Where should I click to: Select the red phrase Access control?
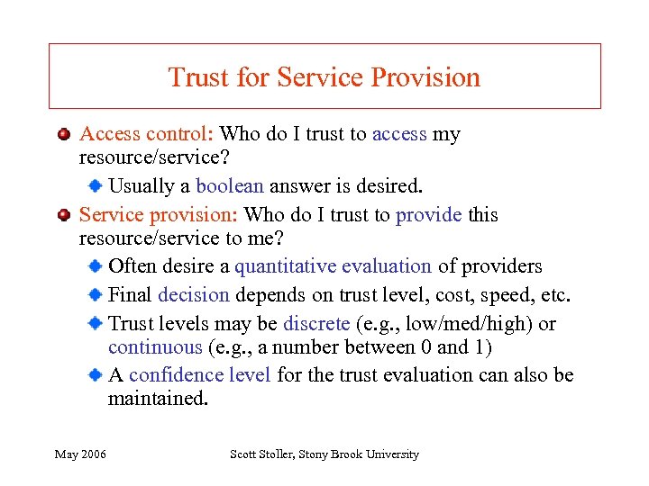coord(146,135)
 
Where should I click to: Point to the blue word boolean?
coord(229,186)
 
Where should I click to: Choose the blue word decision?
coord(193,295)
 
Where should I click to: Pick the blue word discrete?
coord(315,324)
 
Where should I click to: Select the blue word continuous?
coord(155,347)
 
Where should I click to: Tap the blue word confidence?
coord(171,374)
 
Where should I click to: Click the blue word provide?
coord(428,215)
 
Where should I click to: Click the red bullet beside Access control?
coord(64,135)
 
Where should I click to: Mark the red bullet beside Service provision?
coord(64,215)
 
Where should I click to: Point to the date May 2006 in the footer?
coord(80,454)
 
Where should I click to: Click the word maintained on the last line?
coord(157,398)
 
